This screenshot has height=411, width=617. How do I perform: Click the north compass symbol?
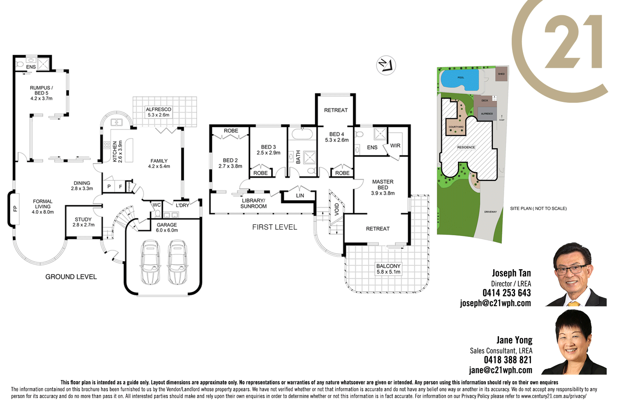click(386, 65)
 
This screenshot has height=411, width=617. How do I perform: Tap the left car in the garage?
click(150, 262)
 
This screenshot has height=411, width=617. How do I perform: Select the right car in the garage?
click(178, 262)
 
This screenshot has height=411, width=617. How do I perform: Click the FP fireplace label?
click(15, 208)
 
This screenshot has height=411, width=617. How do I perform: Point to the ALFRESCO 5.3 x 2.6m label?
click(158, 112)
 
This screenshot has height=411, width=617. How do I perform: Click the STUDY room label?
click(84, 222)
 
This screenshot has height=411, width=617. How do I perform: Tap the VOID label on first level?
click(336, 209)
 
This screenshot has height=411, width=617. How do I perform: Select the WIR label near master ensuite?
click(395, 145)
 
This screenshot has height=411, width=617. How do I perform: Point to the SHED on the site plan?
click(501, 74)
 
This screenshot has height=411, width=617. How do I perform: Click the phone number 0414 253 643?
click(506, 293)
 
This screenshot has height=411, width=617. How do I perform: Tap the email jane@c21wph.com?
click(500, 370)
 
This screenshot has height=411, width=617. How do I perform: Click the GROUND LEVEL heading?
click(71, 277)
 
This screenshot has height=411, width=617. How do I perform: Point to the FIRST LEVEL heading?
click(274, 227)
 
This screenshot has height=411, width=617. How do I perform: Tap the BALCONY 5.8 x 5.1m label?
click(388, 269)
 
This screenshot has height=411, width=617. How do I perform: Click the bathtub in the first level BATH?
click(302, 134)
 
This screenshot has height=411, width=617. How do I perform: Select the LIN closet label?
click(300, 196)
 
